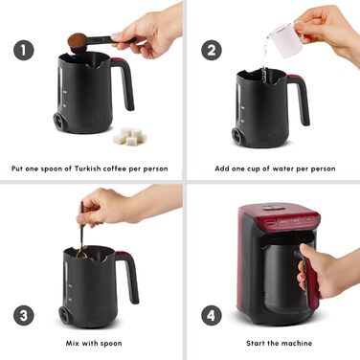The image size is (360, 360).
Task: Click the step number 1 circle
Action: pyautogui.click(x=24, y=50)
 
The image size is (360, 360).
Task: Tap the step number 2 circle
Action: pyautogui.click(x=212, y=50)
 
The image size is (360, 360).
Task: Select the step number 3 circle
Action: pyautogui.click(x=24, y=315)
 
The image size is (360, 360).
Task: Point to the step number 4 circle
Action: pyautogui.click(x=212, y=315)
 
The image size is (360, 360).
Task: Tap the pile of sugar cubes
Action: pyautogui.click(x=130, y=137)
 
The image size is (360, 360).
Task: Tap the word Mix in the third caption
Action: pyautogui.click(x=72, y=344)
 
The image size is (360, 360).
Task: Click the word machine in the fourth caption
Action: pyautogui.click(x=298, y=344)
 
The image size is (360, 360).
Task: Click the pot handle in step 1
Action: pyautogui.click(x=125, y=80)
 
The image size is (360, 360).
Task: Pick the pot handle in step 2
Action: pyautogui.click(x=302, y=98)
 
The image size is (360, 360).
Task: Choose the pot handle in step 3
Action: pyautogui.click(x=130, y=275)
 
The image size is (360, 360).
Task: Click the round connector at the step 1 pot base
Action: pyautogui.click(x=59, y=121)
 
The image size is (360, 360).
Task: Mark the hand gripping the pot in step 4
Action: pyautogui.click(x=323, y=271)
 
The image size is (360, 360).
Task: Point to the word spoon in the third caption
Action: pyautogui.click(x=111, y=344)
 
